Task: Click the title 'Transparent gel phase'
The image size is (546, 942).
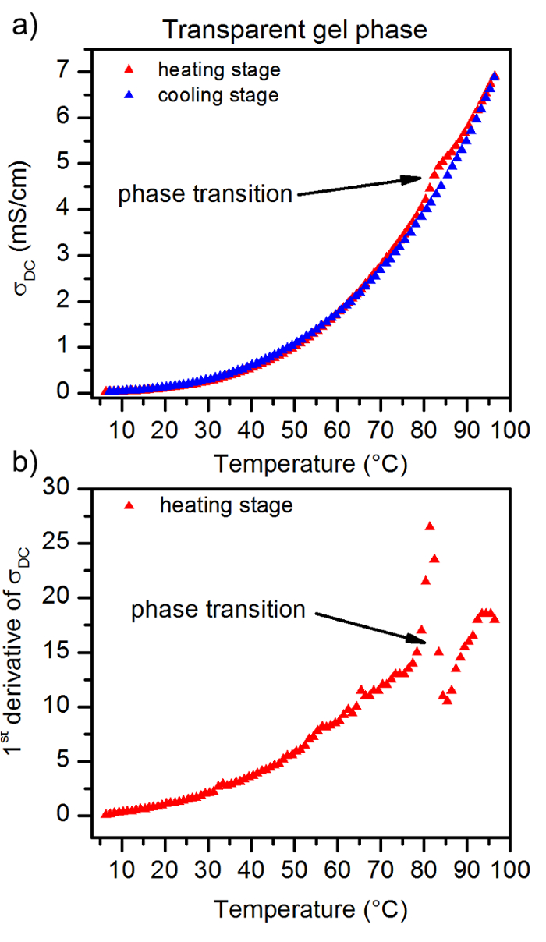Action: pos(295,30)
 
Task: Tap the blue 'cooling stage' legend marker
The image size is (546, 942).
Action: pos(130,95)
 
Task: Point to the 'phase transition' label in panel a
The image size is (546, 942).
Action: pos(205,193)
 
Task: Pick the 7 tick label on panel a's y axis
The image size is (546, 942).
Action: pos(83,72)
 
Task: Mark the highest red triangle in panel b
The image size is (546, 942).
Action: pos(430,526)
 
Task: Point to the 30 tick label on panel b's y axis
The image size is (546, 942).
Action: pos(77,488)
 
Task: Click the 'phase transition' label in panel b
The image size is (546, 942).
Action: pos(218,609)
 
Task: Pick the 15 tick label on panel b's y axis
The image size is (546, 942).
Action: pos(77,652)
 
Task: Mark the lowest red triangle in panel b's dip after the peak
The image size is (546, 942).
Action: pos(447,699)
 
